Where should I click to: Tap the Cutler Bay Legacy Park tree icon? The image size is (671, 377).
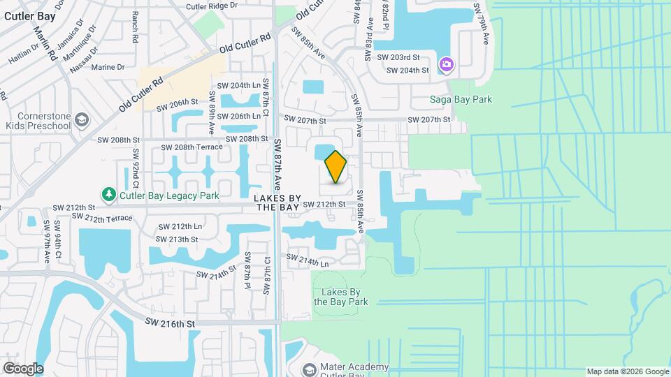[108, 193]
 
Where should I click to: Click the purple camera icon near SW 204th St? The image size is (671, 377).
[447, 65]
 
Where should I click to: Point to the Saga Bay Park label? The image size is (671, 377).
[461, 100]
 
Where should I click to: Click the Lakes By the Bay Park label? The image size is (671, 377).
[340, 297]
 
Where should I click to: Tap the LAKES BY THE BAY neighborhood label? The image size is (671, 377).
[279, 202]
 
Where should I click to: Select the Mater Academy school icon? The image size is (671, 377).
[309, 369]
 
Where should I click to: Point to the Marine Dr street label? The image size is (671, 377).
[108, 68]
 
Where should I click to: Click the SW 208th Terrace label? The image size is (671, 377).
[192, 147]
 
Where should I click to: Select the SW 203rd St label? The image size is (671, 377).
[397, 57]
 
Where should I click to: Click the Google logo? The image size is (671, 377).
[23, 369]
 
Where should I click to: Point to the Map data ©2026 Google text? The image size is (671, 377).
[627, 371]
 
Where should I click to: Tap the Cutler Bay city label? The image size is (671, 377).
[29, 15]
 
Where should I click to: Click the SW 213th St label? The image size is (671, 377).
[178, 239]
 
